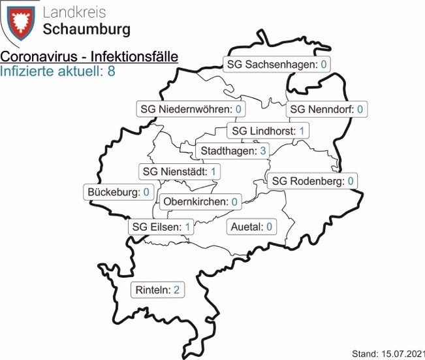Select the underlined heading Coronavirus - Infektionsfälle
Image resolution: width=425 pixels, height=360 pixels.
(90, 57)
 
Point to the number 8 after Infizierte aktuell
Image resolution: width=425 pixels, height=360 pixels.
(111, 71)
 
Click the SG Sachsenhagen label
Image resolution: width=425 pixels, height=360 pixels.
(276, 65)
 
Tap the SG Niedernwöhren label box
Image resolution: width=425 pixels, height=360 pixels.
(191, 109)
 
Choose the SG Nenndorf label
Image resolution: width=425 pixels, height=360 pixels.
(326, 109)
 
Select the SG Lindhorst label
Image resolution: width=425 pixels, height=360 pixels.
(268, 131)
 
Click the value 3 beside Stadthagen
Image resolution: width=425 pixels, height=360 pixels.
(262, 152)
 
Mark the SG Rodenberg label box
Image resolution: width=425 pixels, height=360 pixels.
(313, 180)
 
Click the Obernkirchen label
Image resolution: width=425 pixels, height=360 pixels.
(198, 202)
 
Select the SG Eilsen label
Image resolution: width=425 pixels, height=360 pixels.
(161, 227)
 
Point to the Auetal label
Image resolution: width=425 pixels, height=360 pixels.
(251, 227)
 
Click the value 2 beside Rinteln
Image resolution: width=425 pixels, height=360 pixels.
(176, 289)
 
